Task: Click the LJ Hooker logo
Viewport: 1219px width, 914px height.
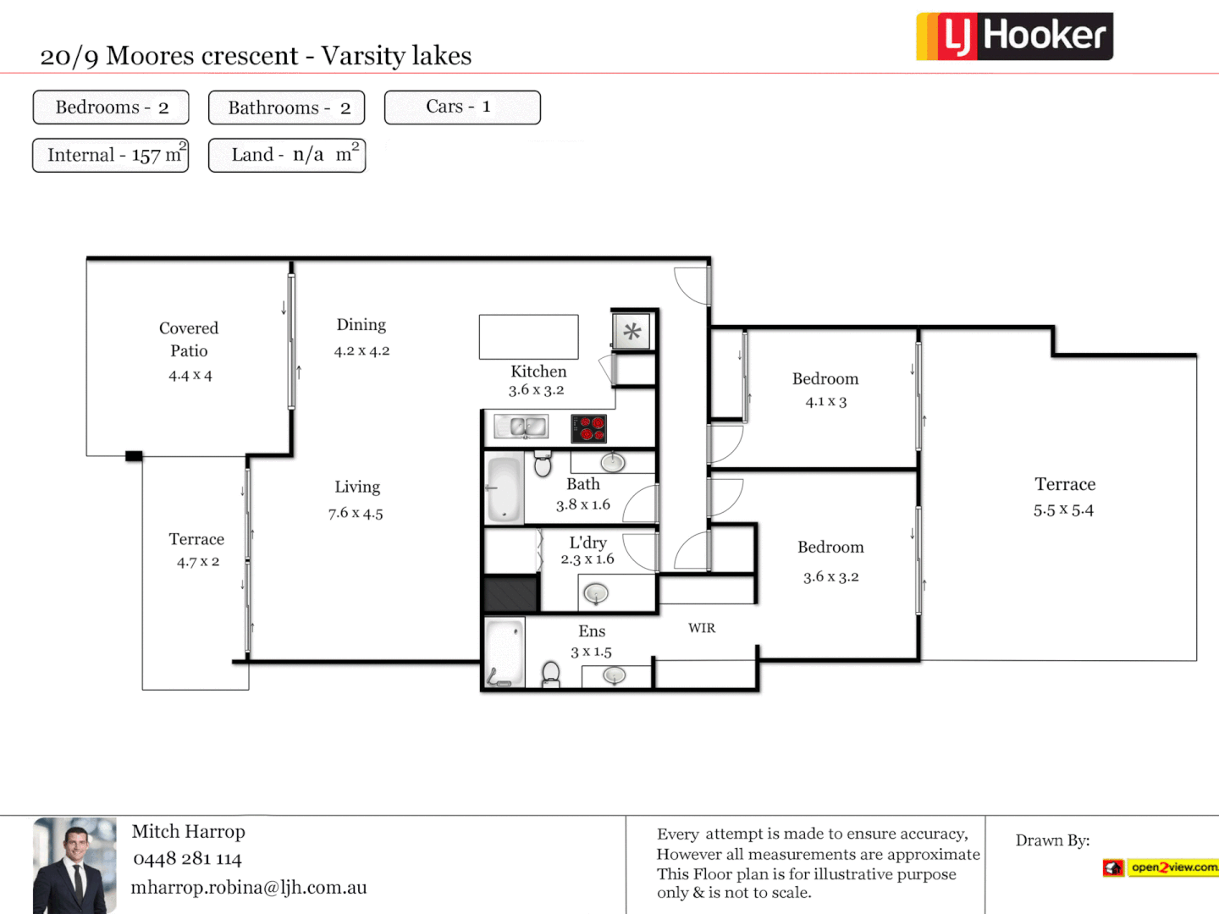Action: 1014,36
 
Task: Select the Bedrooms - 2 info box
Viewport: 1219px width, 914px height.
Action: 111,107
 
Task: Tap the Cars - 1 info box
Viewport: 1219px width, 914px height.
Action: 462,107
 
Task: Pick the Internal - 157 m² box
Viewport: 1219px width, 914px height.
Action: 111,156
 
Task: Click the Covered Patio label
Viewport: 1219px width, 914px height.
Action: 189,339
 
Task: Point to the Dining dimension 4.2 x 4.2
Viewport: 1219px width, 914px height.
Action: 361,351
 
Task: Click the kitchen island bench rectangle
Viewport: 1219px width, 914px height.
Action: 528,337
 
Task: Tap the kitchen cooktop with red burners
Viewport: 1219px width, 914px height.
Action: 588,429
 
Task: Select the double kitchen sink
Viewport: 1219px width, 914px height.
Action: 521,427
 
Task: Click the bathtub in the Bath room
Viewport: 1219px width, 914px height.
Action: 505,489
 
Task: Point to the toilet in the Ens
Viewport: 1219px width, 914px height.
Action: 551,674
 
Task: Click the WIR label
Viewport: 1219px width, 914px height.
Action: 702,628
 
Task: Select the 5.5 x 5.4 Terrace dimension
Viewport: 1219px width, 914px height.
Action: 1063,510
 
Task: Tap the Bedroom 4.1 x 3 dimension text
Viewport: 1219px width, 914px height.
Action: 825,402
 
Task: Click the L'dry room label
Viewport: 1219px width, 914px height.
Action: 587,542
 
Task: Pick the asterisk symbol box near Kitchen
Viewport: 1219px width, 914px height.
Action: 632,332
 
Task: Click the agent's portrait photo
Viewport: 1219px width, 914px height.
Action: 74,865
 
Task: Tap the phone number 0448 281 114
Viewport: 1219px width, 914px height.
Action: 187,859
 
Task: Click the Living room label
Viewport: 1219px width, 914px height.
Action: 357,487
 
